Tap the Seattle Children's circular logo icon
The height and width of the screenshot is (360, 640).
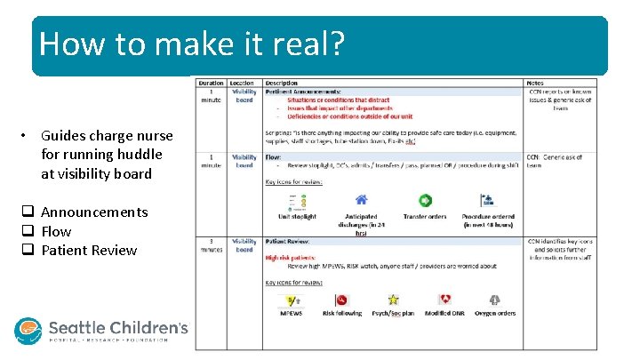28,331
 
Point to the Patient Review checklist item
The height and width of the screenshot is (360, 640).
89,250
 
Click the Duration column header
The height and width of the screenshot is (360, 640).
212,84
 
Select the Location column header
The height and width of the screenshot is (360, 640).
243,84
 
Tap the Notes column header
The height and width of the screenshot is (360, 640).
536,84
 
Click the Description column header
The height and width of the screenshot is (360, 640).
282,84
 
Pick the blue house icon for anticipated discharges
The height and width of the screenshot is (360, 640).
361,201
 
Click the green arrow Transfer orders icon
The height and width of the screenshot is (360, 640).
425,201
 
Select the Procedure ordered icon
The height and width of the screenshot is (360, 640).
486,201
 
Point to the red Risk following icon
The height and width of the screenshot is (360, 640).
342,300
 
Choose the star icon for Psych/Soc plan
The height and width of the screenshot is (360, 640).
393,300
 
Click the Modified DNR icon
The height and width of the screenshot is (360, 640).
444,300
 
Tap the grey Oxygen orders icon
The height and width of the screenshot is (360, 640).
494,300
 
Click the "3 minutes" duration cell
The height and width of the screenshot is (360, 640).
212,245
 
